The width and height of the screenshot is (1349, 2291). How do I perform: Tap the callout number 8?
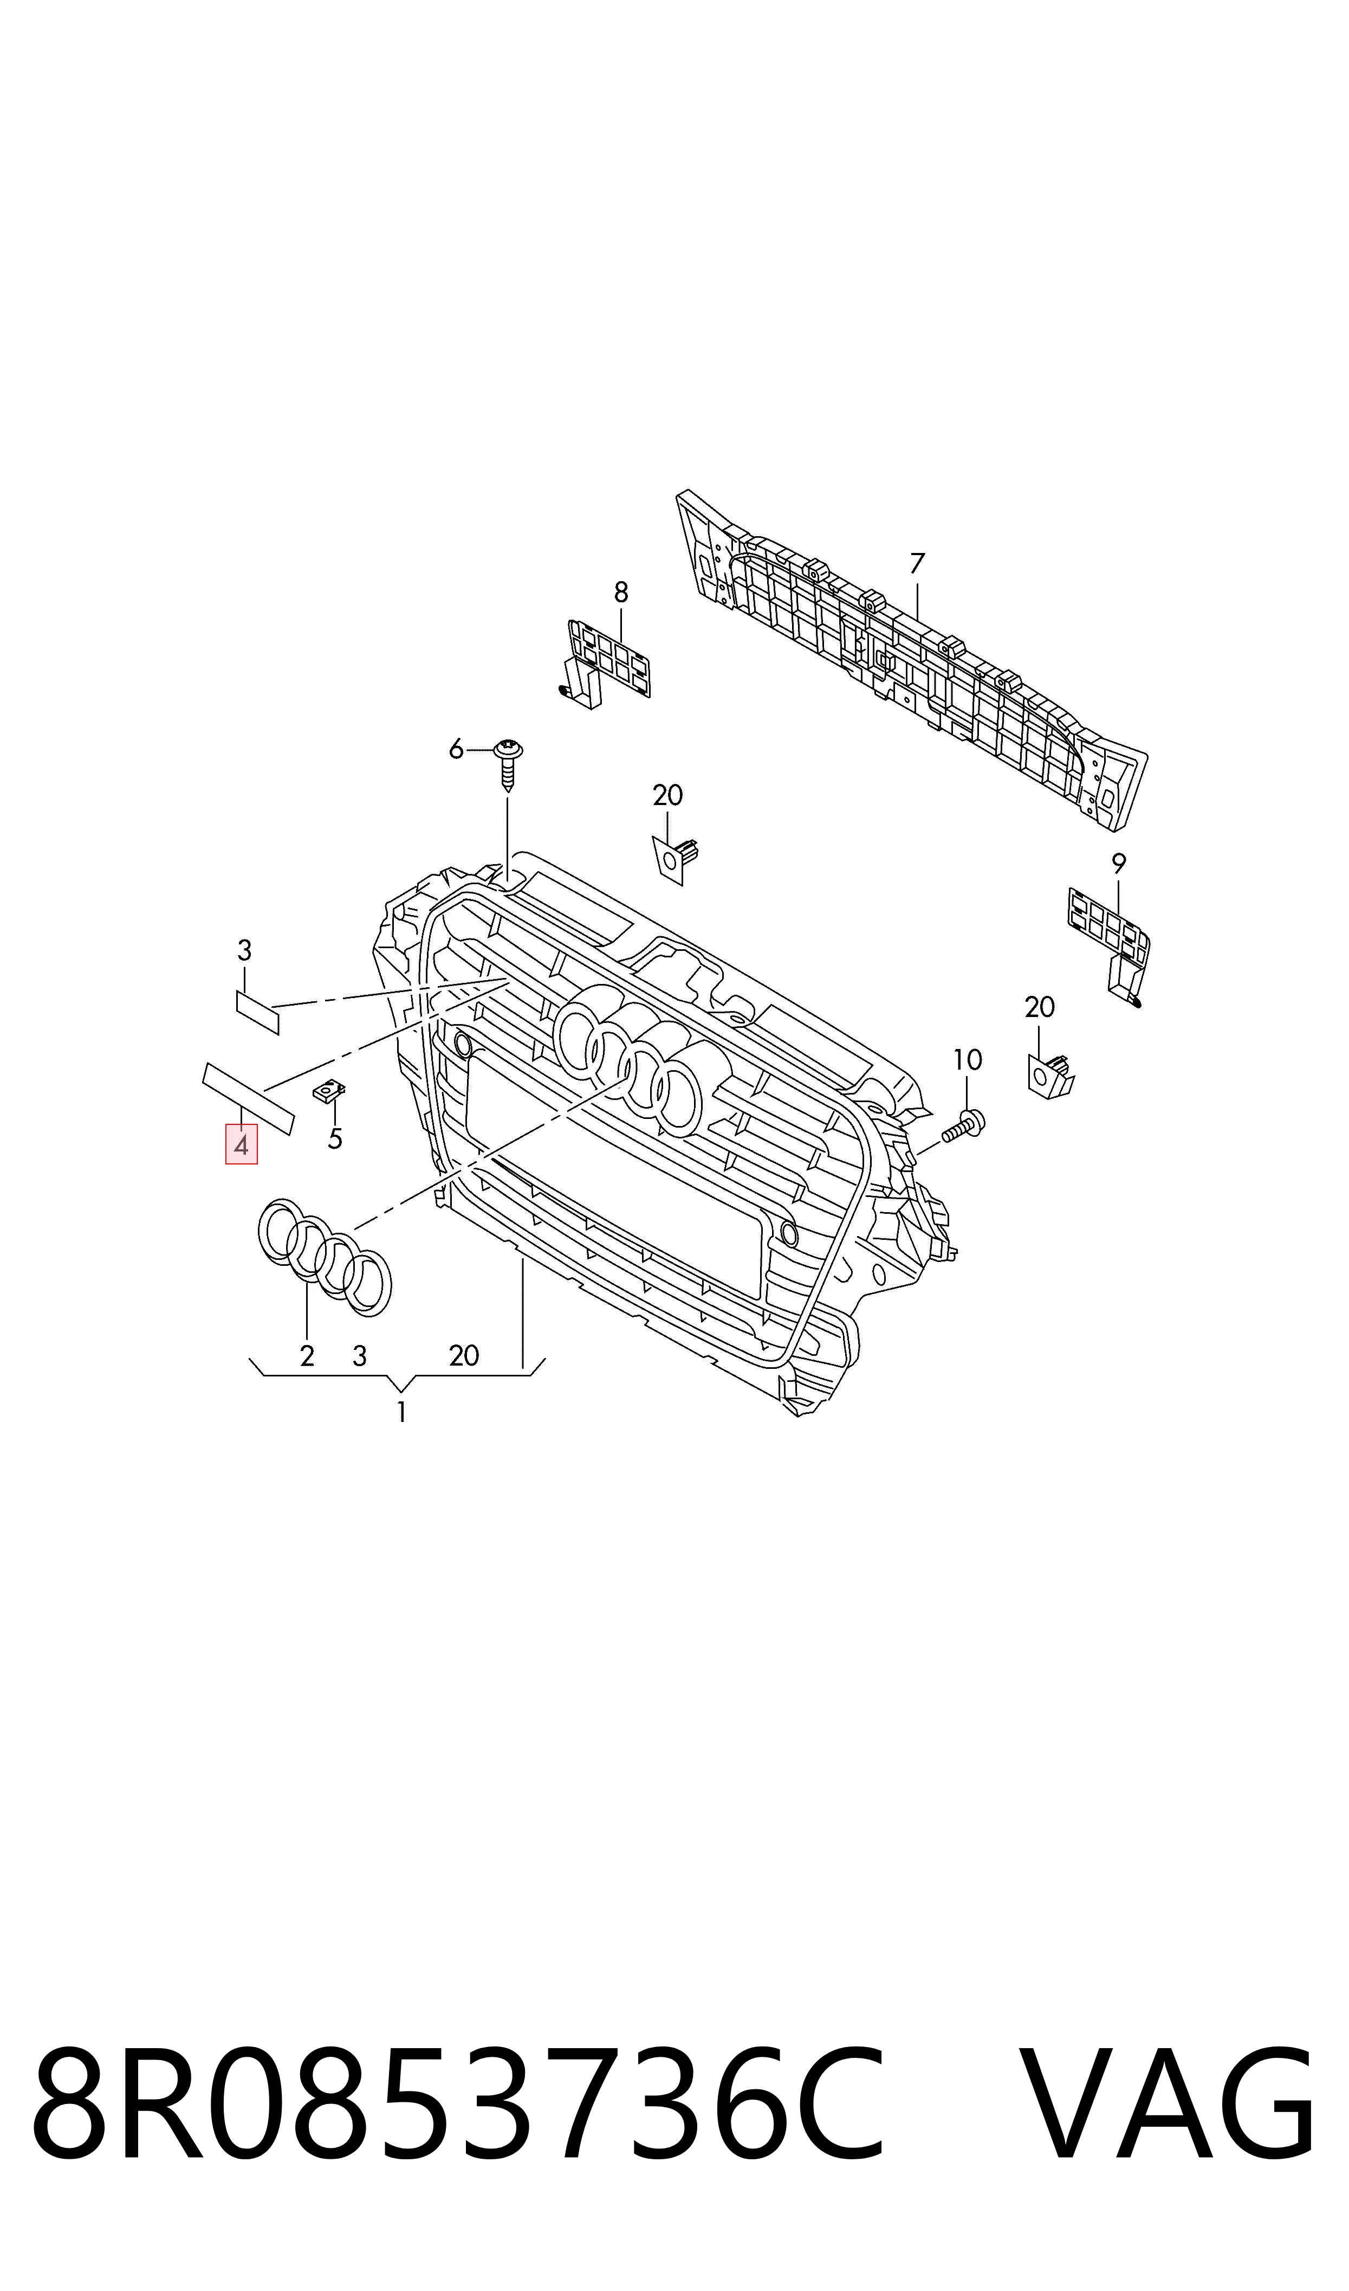coord(621,593)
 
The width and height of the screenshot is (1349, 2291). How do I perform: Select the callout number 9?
coord(1119,863)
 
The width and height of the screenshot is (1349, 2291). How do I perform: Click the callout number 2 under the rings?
coord(307,1356)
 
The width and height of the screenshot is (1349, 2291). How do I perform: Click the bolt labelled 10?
coord(964,1128)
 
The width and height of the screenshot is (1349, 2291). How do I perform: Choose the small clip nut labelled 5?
coord(329,1091)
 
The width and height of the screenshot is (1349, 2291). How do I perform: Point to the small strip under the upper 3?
coord(257,1012)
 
